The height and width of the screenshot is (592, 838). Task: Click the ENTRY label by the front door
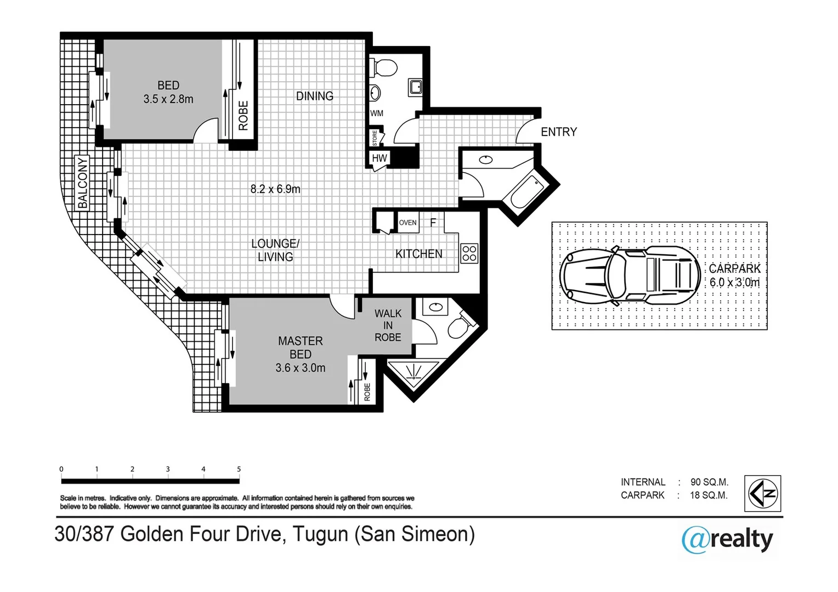558,132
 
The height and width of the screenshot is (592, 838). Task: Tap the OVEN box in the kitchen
407,223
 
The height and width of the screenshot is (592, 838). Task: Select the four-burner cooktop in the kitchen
469,253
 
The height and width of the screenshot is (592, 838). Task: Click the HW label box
379,158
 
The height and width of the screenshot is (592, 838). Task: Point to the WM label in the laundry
377,113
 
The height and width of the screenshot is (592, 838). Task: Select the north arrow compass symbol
762,493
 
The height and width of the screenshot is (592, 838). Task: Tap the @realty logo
727,539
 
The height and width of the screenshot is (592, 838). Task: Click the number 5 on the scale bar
239,469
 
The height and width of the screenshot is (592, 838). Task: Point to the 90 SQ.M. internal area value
709,482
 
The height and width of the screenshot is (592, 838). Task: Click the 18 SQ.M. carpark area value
709,496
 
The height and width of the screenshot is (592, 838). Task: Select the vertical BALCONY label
82,183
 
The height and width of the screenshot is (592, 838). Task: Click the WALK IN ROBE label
388,326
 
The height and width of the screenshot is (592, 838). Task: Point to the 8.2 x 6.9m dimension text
275,189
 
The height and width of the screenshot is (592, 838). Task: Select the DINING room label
314,96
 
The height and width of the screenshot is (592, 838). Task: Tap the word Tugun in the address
320,534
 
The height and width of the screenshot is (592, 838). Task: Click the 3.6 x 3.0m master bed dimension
300,368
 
